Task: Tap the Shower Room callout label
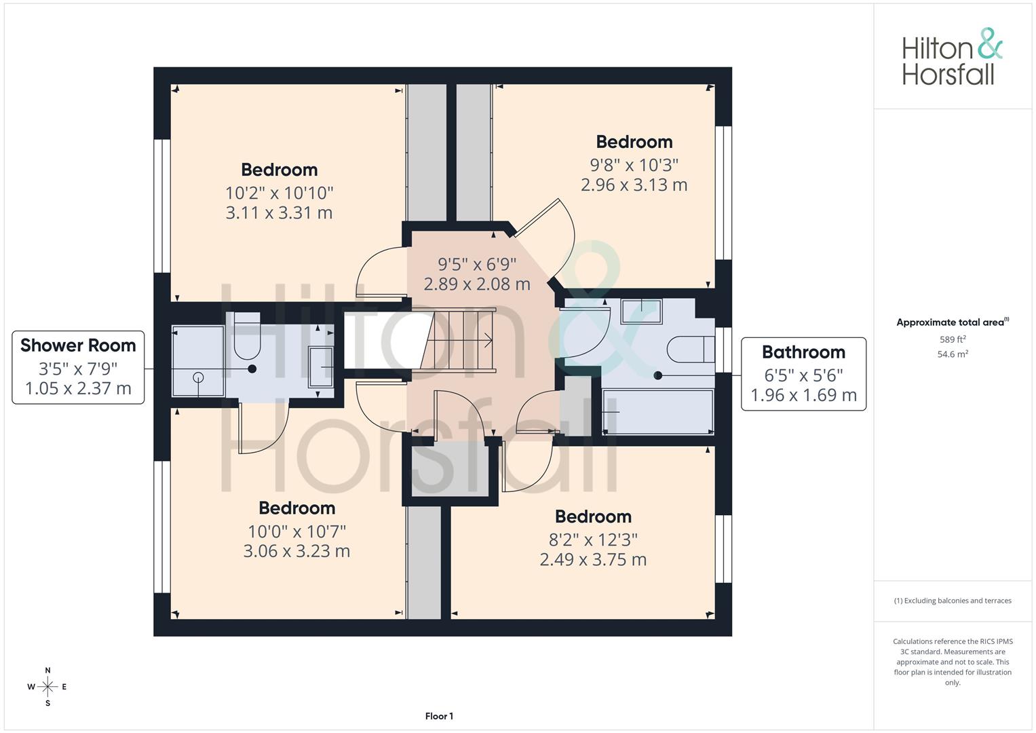tap(78, 367)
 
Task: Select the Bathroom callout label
tap(803, 374)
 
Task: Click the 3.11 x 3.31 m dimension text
tap(279, 213)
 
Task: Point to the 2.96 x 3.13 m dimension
tap(634, 185)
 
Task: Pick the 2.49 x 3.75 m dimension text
tap(593, 560)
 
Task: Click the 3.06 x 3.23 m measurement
tap(296, 551)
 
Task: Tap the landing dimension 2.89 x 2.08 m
tap(477, 284)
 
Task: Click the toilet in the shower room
tap(247, 336)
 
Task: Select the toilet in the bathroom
tap(691, 349)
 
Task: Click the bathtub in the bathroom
tap(658, 412)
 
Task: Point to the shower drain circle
tap(198, 377)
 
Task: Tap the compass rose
tap(47, 687)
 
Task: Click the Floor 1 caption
tap(439, 716)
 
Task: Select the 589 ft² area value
tap(953, 339)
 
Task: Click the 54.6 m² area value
tap(953, 354)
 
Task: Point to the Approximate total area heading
tap(953, 322)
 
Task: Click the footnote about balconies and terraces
tap(953, 601)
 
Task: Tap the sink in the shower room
tap(320, 366)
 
